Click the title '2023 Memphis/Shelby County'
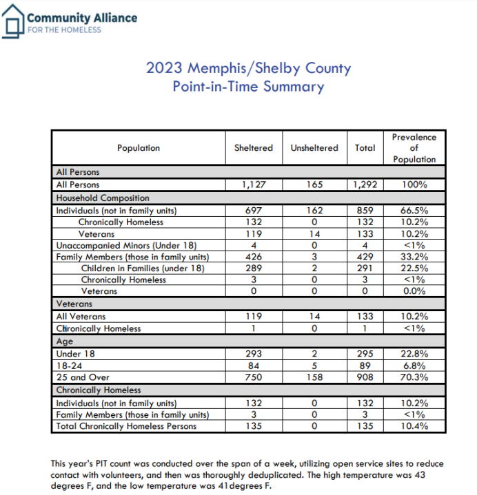[248, 68]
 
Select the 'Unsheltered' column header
[314, 148]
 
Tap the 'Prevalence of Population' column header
[414, 148]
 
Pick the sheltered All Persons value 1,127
[254, 185]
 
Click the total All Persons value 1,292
[365, 185]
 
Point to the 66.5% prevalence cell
[414, 210]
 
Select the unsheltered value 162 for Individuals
[314, 210]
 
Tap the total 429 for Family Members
[365, 257]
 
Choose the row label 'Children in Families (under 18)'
[143, 268]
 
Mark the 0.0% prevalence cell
[414, 291]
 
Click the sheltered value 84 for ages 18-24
[254, 366]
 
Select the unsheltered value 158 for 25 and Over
[314, 377]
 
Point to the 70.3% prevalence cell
[414, 377]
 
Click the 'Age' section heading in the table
[64, 341]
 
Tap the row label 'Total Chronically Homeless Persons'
[126, 426]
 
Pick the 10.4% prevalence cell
[414, 426]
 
